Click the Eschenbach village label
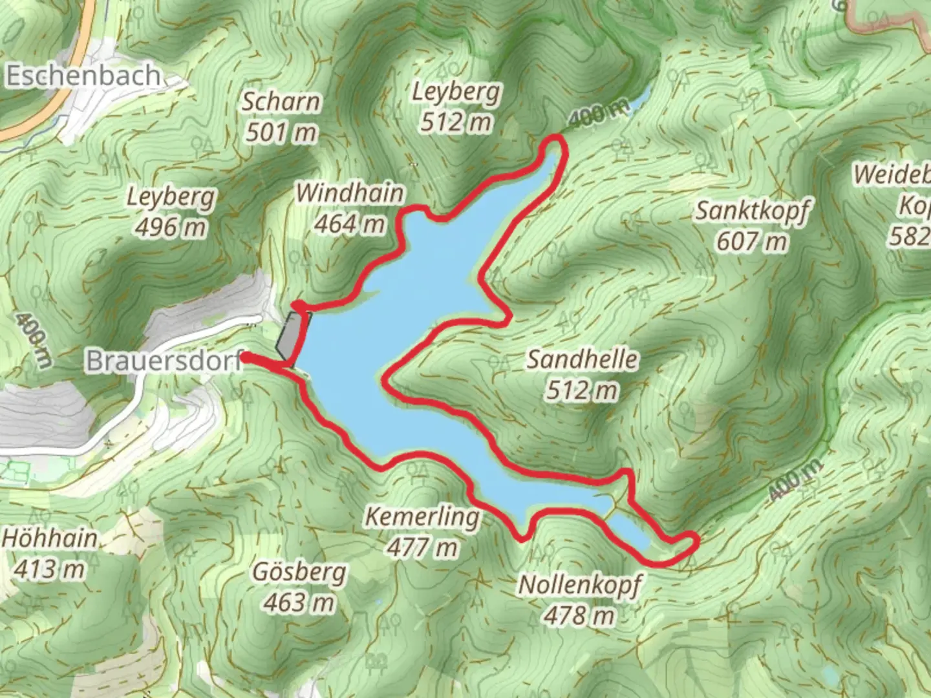[x=83, y=76]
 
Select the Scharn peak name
[x=281, y=101]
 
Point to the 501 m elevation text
[x=281, y=132]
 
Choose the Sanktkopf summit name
[x=751, y=211]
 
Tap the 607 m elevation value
[x=751, y=242]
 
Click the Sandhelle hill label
[x=582, y=359]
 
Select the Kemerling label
[x=422, y=516]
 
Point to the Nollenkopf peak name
[x=579, y=585]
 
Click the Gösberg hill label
[x=299, y=572]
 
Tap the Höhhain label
[x=50, y=538]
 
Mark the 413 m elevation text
[x=50, y=569]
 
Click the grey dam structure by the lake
[x=293, y=335]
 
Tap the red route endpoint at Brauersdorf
[x=246, y=357]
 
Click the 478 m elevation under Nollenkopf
[x=579, y=616]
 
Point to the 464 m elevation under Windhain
[x=350, y=224]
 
